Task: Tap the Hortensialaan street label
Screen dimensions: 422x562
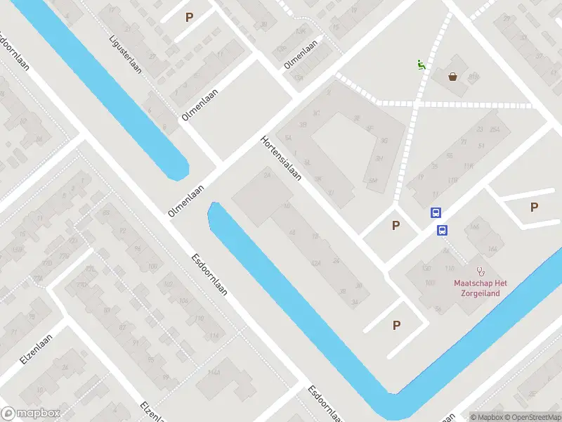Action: pyautogui.click(x=281, y=158)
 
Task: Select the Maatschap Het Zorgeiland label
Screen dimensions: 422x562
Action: pyautogui.click(x=481, y=288)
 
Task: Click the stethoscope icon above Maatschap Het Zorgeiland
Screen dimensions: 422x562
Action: pyautogui.click(x=481, y=271)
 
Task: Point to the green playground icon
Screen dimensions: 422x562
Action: pyautogui.click(x=420, y=65)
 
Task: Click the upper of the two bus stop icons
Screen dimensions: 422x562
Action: pyautogui.click(x=436, y=213)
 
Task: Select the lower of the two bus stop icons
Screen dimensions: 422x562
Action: pyautogui.click(x=443, y=230)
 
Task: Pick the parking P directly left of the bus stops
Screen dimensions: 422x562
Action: pyautogui.click(x=396, y=225)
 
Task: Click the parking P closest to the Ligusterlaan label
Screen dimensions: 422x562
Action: pyautogui.click(x=188, y=17)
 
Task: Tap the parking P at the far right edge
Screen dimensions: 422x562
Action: pyautogui.click(x=535, y=207)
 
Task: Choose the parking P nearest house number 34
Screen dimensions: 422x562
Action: pyautogui.click(x=396, y=325)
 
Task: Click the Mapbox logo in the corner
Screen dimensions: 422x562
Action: pyautogui.click(x=31, y=414)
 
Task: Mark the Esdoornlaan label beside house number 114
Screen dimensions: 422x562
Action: pyautogui.click(x=209, y=274)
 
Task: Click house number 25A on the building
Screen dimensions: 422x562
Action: pyautogui.click(x=267, y=177)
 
